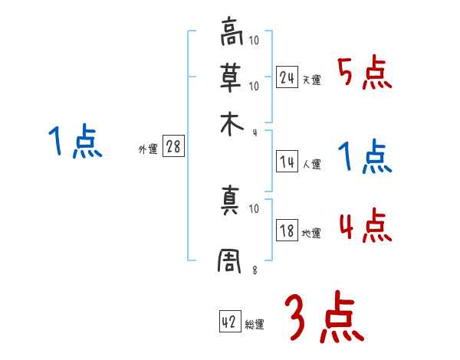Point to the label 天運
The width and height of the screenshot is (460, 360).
pos(311,80)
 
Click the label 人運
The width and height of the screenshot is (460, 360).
pos(311,164)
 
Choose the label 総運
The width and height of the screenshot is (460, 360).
pos(255,325)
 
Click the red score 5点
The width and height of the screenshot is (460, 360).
pos(365,74)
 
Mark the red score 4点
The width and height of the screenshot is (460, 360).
pos(365,227)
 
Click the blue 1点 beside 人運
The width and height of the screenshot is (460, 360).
pos(365,159)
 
